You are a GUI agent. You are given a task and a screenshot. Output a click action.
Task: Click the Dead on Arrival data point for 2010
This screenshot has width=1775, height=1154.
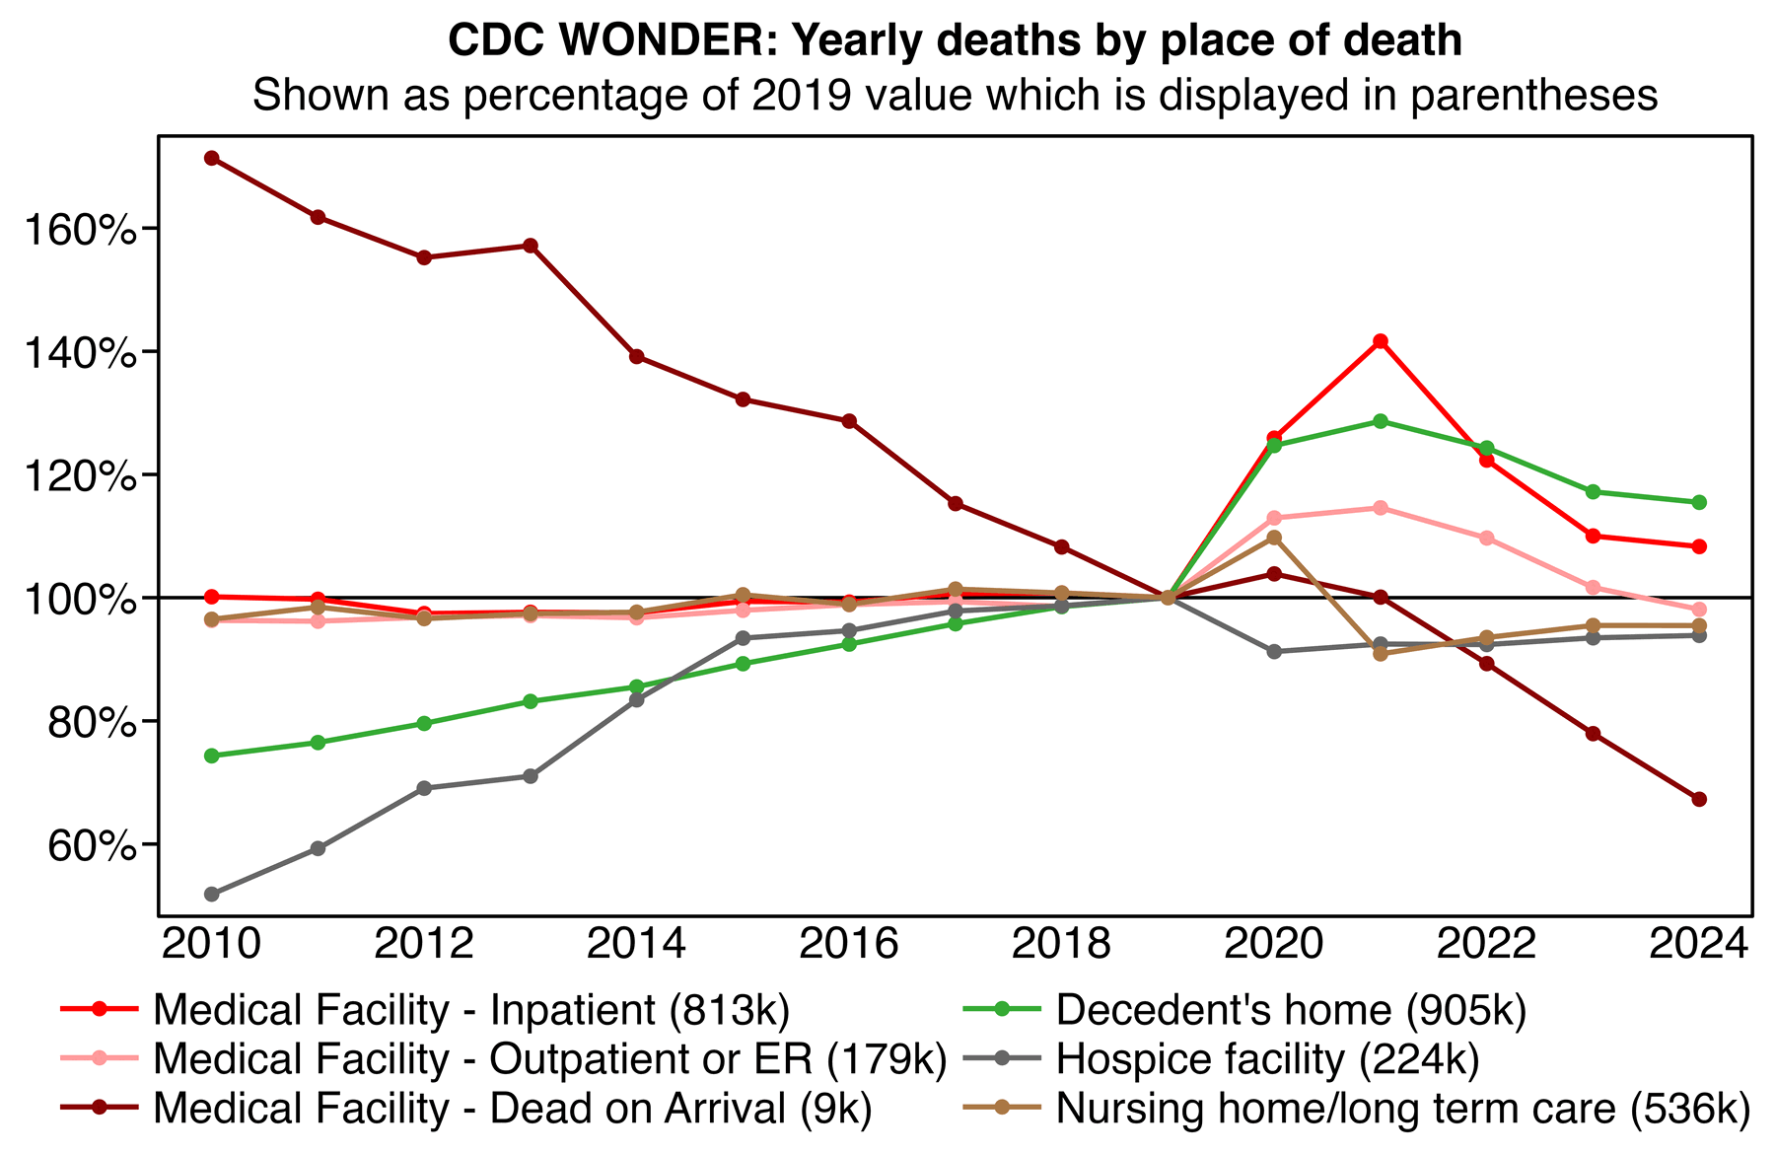[211, 158]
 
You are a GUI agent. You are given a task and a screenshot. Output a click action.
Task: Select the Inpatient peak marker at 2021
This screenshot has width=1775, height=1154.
[1381, 341]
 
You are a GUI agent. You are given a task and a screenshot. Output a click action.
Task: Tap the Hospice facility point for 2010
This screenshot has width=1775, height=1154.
[211, 895]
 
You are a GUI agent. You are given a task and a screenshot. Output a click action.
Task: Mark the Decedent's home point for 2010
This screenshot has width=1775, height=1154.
[211, 756]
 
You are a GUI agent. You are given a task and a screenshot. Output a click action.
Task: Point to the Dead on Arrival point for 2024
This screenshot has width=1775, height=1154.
[1699, 799]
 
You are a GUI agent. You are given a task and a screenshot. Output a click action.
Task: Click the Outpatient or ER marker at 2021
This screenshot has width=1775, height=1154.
[1381, 508]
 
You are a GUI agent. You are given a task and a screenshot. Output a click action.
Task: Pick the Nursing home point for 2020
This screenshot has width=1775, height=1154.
[1274, 538]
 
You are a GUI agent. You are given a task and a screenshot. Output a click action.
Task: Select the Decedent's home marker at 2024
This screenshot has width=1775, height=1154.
[1699, 502]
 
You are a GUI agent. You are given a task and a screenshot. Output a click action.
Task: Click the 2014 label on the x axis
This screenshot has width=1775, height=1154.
[636, 944]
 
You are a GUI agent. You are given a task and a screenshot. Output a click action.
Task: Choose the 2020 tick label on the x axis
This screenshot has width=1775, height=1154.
[1273, 944]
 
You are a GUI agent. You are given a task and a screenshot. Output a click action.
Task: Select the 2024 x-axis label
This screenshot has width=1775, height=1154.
[1698, 944]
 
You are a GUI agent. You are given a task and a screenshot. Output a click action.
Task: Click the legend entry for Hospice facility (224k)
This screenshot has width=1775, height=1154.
[1267, 1059]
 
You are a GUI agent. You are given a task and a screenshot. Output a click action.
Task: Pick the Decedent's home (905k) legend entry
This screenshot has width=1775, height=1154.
[1290, 1011]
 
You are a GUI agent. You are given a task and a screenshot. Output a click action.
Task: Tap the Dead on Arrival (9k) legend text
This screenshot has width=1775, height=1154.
[513, 1108]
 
